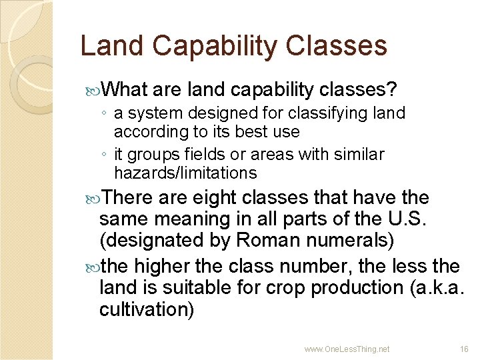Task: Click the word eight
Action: pos(217,198)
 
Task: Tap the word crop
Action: pos(284,288)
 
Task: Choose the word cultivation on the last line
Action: pos(146,309)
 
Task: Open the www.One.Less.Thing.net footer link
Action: pos(347,349)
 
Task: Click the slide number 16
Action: pos(464,349)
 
